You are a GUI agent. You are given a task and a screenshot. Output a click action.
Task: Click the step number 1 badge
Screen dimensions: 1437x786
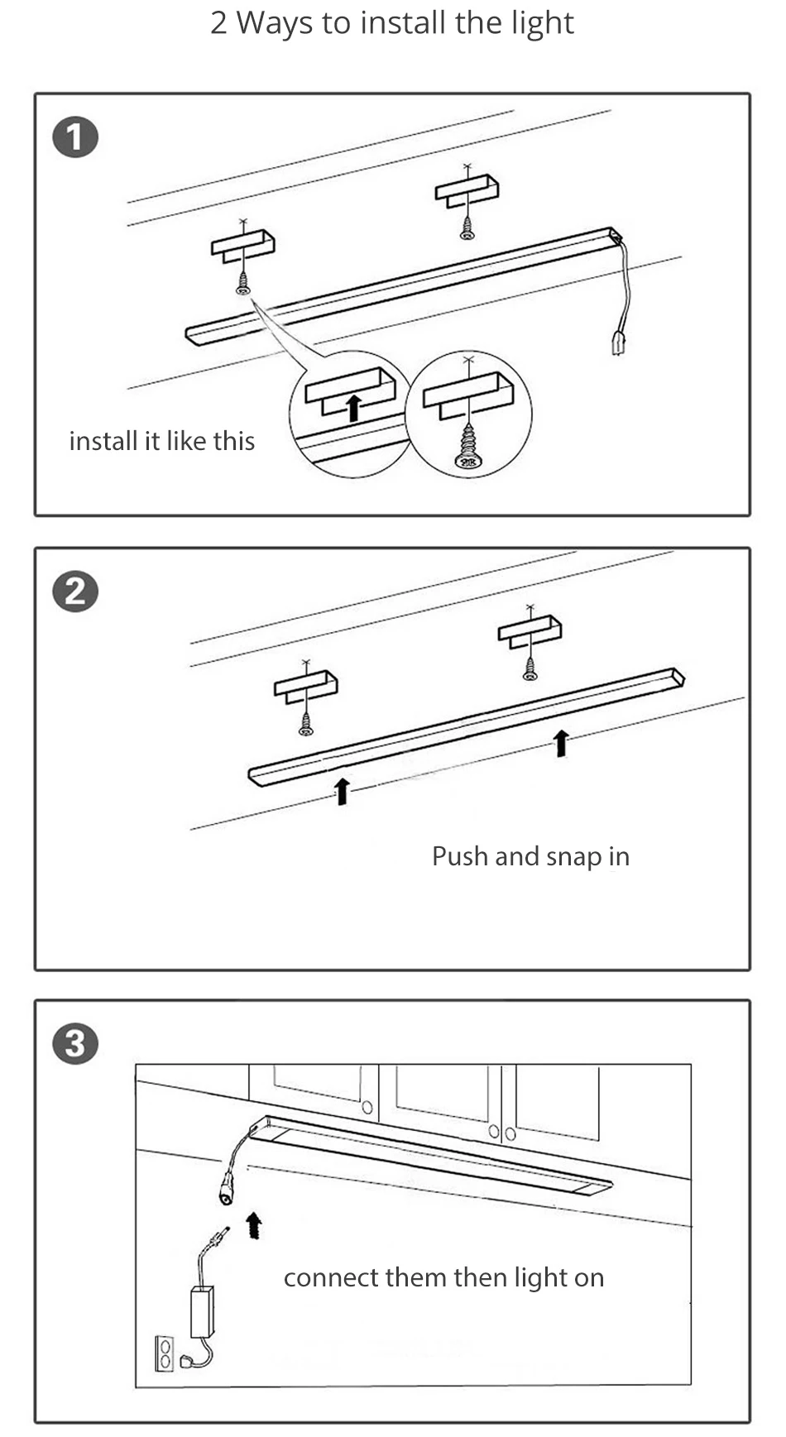(75, 138)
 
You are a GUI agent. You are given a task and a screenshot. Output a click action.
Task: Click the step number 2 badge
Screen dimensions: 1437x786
(75, 592)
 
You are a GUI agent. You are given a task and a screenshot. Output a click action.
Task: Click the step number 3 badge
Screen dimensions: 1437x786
(75, 1043)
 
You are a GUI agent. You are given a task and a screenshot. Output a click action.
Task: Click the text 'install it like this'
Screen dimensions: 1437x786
(162, 441)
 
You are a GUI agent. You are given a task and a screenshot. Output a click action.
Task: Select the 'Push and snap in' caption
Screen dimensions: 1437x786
(530, 856)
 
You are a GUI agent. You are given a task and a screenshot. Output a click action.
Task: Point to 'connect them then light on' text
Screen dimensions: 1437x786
(443, 1277)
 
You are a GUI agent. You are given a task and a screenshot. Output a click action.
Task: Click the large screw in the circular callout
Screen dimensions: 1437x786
(468, 447)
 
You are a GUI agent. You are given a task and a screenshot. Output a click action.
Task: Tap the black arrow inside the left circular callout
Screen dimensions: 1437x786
(354, 408)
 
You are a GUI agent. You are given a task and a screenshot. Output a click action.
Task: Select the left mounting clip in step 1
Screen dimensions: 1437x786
(242, 246)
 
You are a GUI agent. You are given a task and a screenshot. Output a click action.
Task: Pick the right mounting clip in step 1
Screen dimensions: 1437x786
(467, 192)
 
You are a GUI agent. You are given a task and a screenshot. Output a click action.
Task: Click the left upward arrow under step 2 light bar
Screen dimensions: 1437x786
(342, 791)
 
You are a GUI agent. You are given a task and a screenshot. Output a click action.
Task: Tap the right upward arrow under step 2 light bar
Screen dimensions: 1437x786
(561, 742)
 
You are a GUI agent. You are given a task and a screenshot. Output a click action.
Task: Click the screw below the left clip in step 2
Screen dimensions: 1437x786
(306, 726)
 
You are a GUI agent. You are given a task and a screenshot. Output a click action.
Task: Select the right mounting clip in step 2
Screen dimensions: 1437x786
(530, 632)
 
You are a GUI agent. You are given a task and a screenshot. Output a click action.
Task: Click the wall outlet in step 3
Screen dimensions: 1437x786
(165, 1352)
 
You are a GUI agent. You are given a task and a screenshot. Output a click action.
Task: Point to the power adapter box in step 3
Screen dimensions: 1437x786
(202, 1310)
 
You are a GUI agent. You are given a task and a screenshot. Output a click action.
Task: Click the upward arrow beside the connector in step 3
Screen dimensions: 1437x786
(254, 1225)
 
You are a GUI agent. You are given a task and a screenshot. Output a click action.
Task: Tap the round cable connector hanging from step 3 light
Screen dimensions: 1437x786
(225, 1191)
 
